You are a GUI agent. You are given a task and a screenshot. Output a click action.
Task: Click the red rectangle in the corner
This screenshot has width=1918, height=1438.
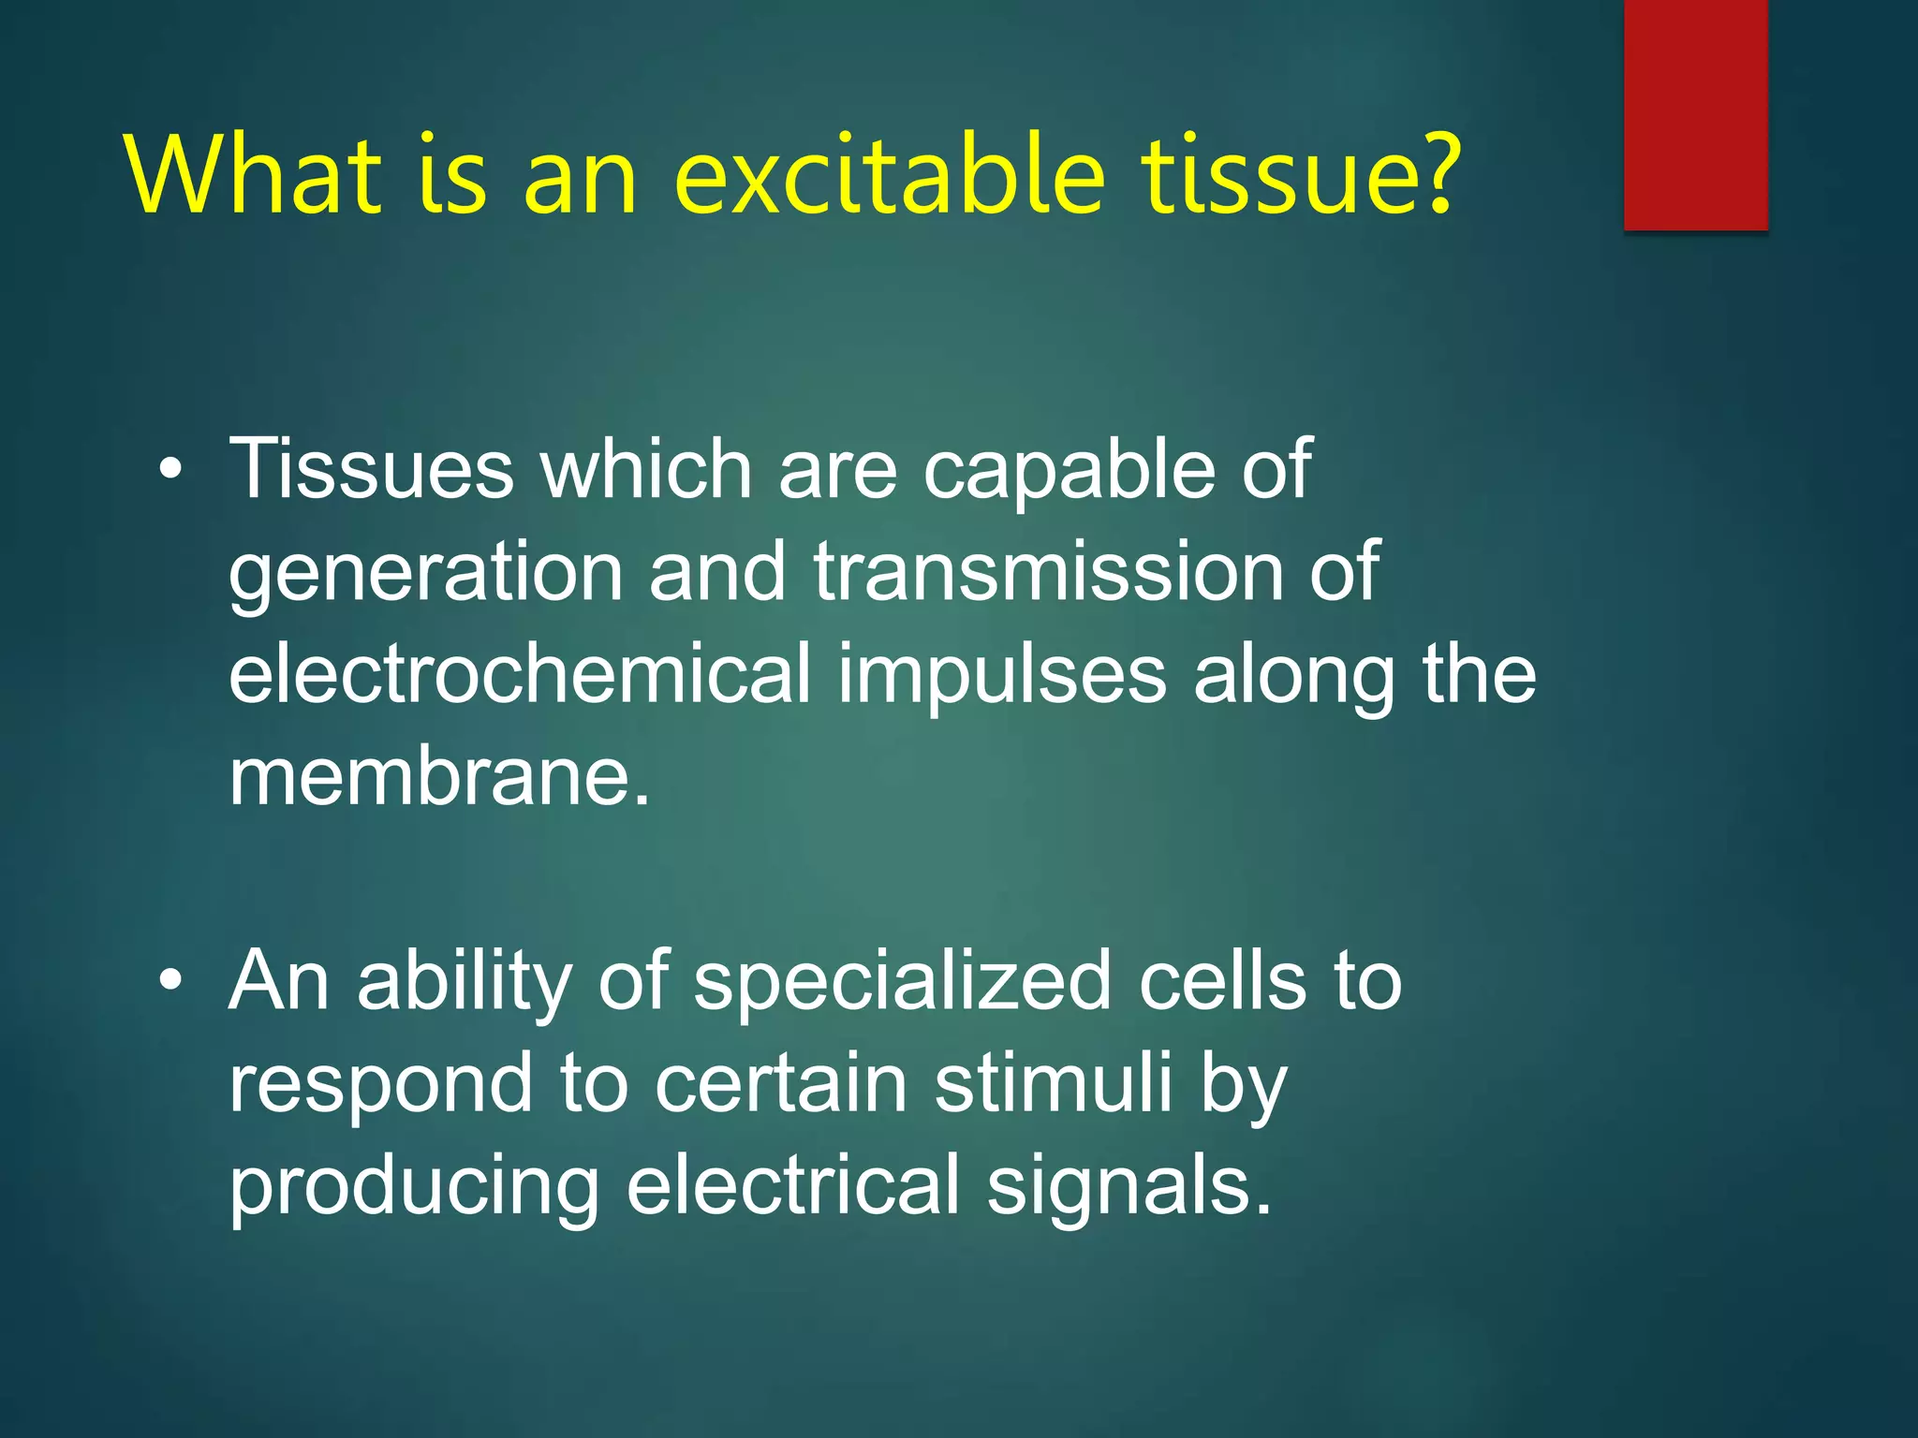1695,114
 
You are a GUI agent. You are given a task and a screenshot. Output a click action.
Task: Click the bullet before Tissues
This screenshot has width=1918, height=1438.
170,470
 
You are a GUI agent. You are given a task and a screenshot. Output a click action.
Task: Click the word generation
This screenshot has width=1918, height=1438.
426,573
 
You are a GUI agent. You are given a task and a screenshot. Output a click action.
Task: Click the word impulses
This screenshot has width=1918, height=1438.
1002,676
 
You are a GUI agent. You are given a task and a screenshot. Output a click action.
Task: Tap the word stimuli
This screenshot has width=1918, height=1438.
1053,1083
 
